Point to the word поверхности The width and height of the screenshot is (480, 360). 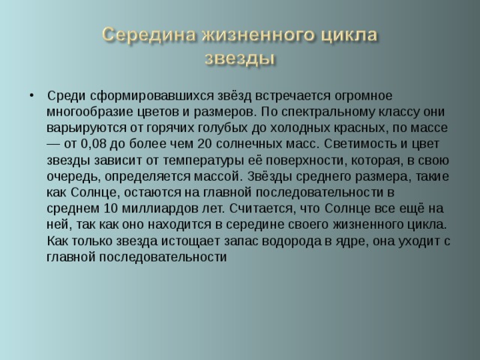coord(288,160)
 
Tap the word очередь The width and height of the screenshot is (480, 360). coord(70,177)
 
